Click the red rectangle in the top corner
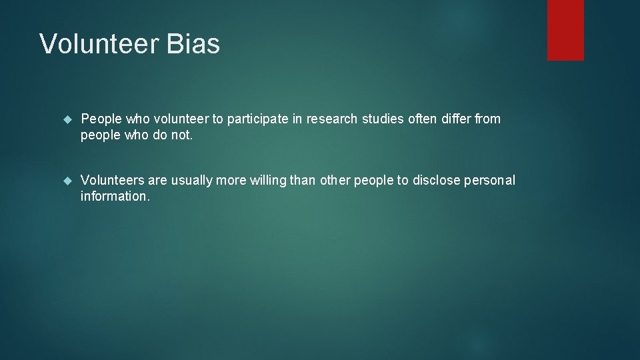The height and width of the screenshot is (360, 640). coord(565,30)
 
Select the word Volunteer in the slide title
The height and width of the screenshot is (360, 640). coord(99,44)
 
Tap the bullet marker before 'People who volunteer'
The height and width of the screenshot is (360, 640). coord(66,119)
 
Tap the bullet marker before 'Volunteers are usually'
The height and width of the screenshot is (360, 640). coord(66,181)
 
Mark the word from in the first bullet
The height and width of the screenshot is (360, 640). coord(488,119)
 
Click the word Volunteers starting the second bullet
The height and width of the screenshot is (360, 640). coord(111,181)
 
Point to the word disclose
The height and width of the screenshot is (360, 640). coord(437,181)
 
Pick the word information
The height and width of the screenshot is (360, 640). coord(115,197)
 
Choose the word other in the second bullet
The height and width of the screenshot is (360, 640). coord(335,181)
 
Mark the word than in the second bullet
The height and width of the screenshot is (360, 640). coord(304,181)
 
